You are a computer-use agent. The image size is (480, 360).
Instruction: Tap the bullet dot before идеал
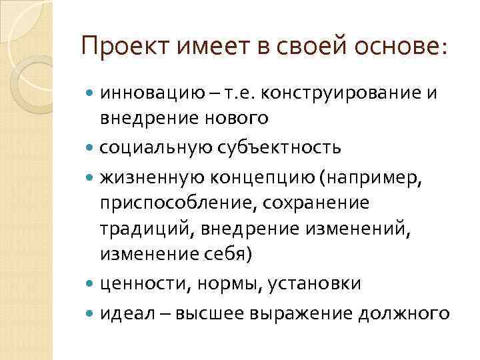pos(91,313)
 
